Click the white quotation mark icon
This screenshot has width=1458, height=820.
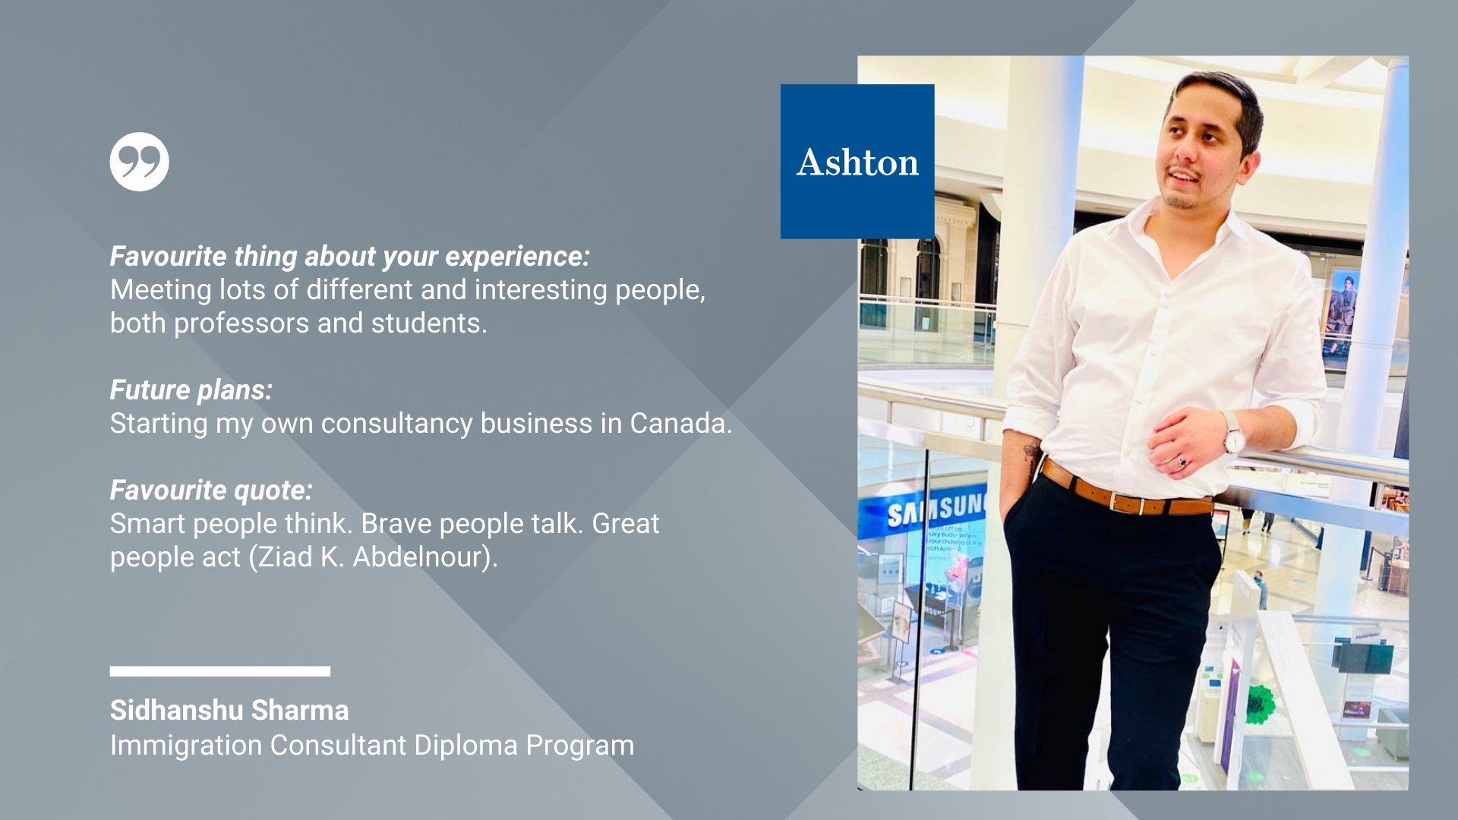pyautogui.click(x=139, y=162)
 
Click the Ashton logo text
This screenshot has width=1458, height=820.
pyautogui.click(x=857, y=162)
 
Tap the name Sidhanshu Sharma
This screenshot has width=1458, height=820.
pyautogui.click(x=229, y=710)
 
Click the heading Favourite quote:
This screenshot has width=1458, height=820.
pyautogui.click(x=211, y=490)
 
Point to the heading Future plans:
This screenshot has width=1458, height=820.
pyautogui.click(x=191, y=390)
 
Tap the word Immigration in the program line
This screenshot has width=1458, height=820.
pyautogui.click(x=186, y=746)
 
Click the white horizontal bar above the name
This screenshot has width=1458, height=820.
pyautogui.click(x=220, y=671)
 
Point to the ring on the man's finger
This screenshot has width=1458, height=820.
pyautogui.click(x=1181, y=461)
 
